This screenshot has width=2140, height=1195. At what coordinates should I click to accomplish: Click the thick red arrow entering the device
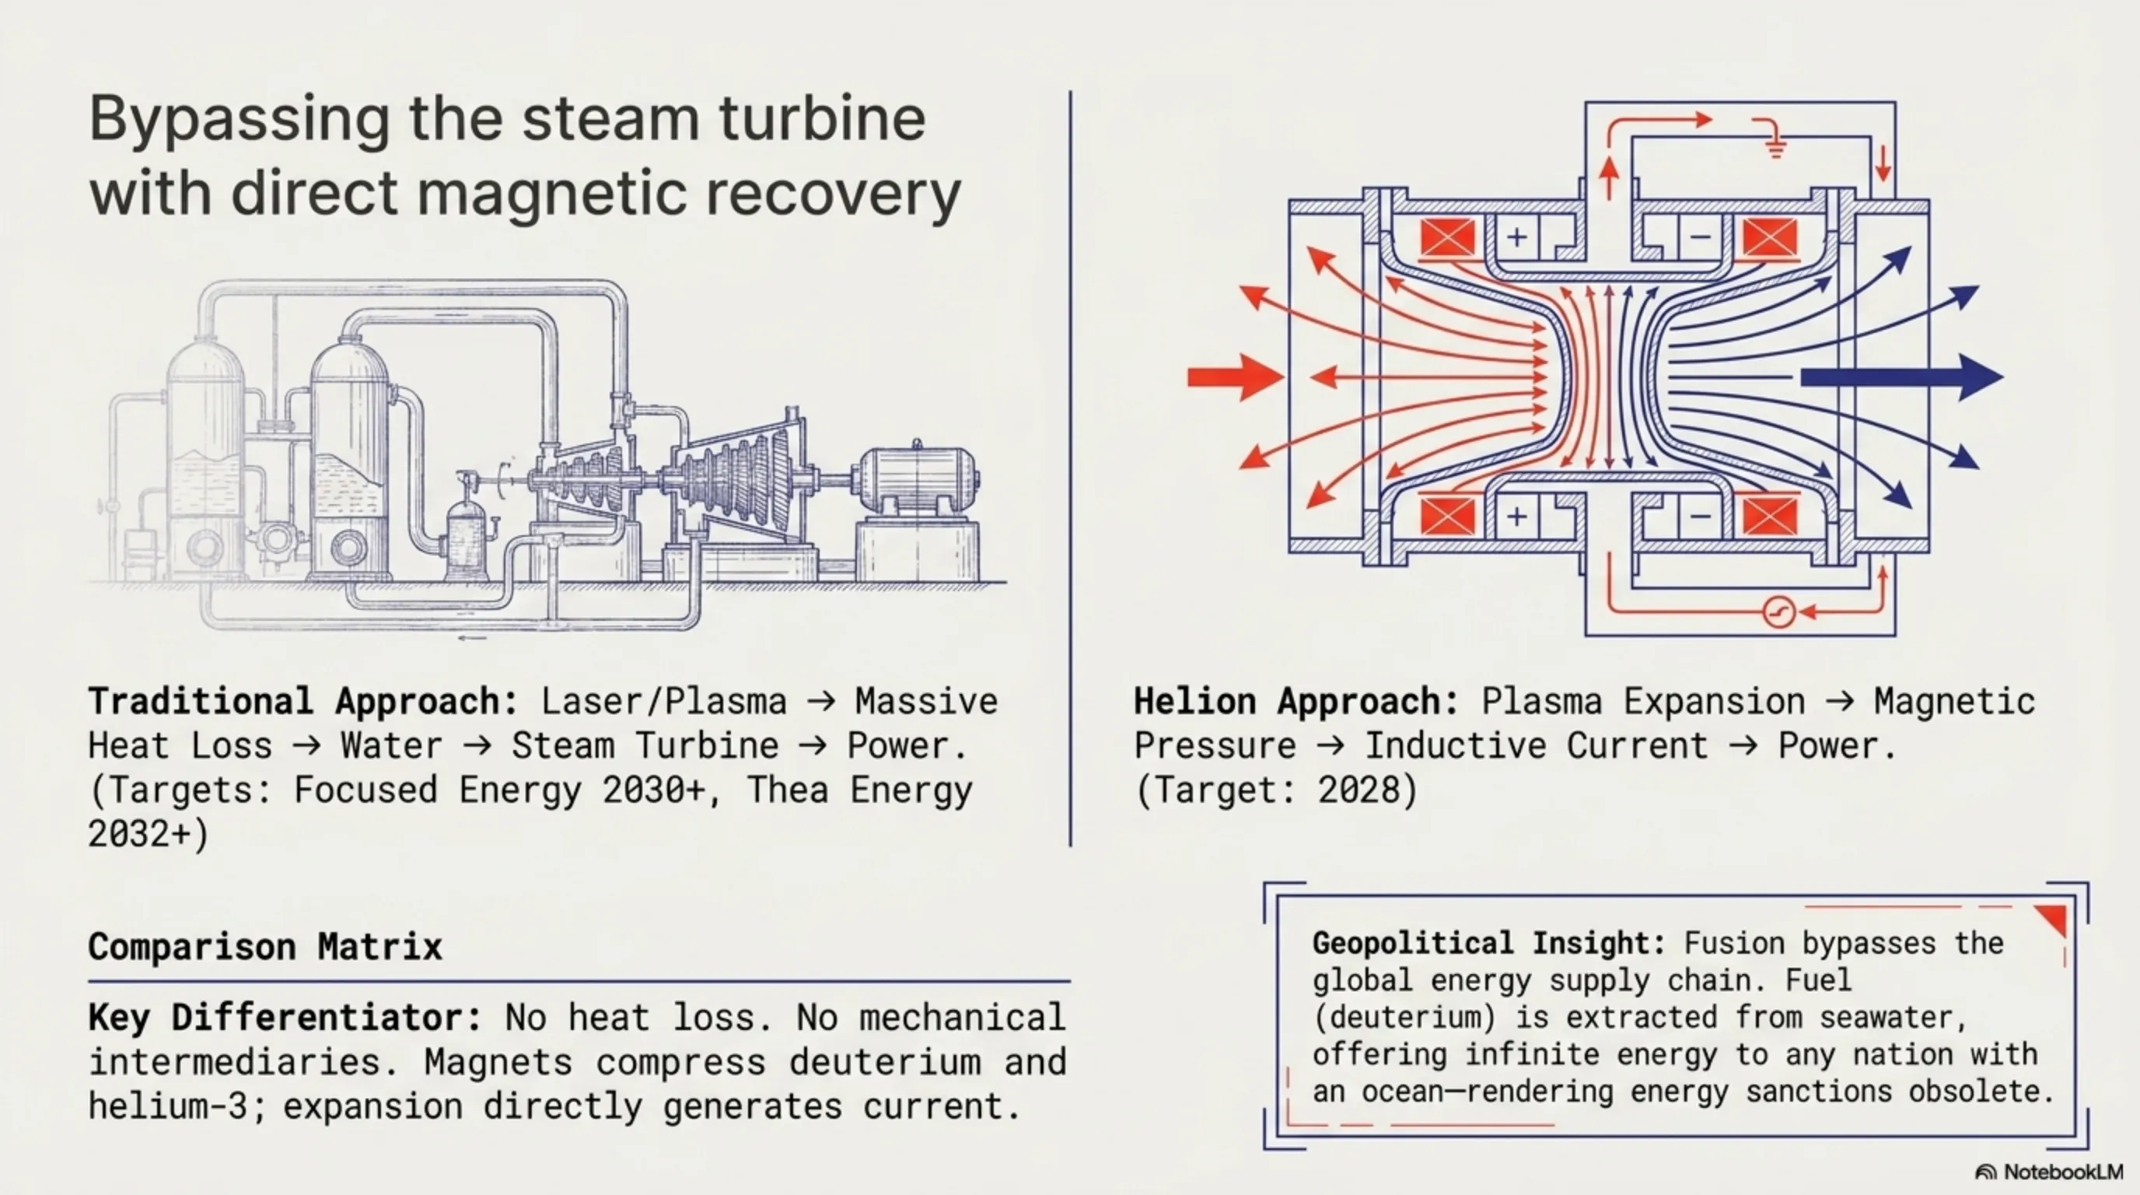1236,377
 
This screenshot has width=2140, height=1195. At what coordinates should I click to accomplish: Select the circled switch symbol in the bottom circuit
1778,612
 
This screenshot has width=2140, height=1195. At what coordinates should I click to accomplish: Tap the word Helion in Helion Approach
1195,702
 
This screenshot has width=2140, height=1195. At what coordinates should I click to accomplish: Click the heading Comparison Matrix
265,947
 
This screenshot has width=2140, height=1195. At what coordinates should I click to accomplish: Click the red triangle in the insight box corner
2054,919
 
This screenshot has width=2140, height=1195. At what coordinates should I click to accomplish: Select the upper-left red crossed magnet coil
1447,237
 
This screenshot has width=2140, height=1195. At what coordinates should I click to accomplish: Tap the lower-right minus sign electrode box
1700,517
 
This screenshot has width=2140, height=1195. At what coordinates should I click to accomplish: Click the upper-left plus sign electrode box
1517,237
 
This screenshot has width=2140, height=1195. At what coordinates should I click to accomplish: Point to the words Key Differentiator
285,1018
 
